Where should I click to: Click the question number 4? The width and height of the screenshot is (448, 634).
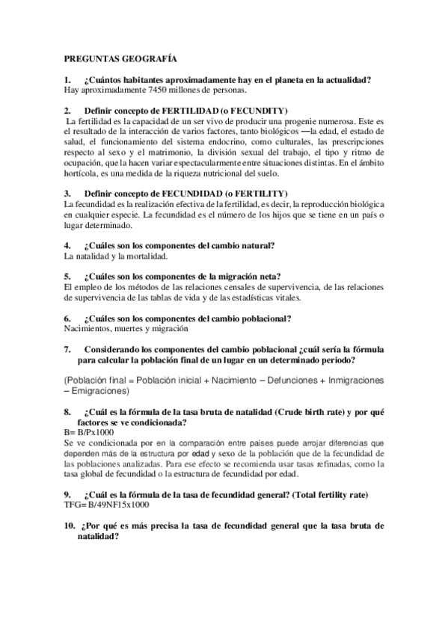pyautogui.click(x=67, y=245)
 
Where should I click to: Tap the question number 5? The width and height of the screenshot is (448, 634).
pyautogui.click(x=67, y=276)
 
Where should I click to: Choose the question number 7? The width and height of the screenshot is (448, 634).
pyautogui.click(x=67, y=348)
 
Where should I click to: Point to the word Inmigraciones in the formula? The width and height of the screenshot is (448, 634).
pyautogui.click(x=350, y=380)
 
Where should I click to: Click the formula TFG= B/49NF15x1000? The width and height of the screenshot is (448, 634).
pyautogui.click(x=106, y=505)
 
